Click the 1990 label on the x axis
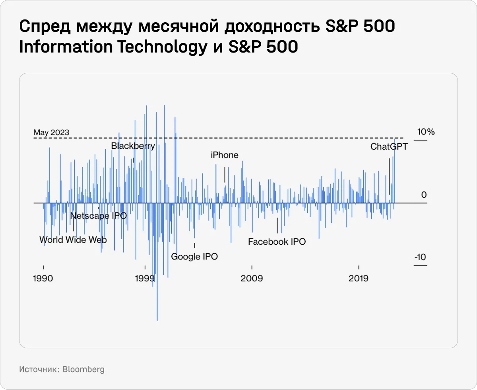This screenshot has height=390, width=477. pos(43,278)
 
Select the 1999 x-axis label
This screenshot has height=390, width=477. pos(145,278)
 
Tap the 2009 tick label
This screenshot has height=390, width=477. pos(252,278)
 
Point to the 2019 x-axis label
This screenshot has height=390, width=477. pos(359,278)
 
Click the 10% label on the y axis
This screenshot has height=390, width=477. pos(426,132)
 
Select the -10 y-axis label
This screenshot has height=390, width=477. pos(420,257)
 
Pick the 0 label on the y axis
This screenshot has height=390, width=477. pos(424,195)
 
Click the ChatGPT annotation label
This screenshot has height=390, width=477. pos(389,146)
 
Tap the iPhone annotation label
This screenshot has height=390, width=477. pos(225,155)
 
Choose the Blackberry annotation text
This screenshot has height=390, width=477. pos(133,146)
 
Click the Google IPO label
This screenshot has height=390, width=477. pos(194,257)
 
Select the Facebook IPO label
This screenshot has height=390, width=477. pos(277,242)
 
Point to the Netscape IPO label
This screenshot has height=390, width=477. pos(98,216)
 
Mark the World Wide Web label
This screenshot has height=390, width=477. pos(73,240)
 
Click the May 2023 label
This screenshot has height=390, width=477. pos(51,133)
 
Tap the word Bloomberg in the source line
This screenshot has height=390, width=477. pos(84,369)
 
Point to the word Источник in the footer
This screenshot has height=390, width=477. pos(38,369)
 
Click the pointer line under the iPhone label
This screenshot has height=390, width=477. pos(225,174)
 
